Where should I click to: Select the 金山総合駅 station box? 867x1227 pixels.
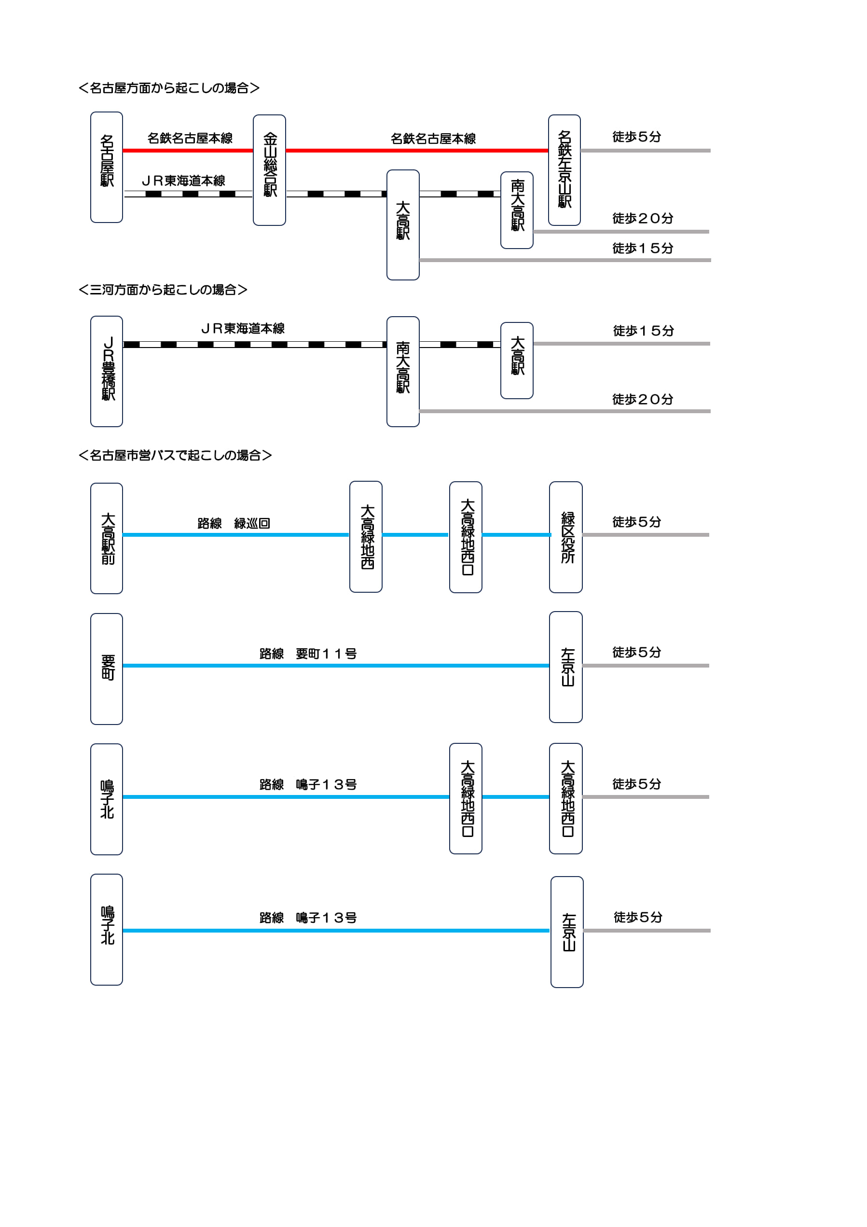coord(269,170)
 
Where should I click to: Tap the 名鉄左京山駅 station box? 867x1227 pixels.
coord(564,170)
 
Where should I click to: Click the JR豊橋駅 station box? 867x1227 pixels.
coord(106,371)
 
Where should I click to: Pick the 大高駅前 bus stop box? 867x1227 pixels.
coord(106,538)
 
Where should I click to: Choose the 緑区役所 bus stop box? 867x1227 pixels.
coord(566,537)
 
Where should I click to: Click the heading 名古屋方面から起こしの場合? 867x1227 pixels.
coord(169,88)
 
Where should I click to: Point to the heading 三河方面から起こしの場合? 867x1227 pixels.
coord(163,290)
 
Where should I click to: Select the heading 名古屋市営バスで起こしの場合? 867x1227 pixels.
coord(175,455)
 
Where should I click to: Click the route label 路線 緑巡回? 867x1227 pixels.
coord(234,523)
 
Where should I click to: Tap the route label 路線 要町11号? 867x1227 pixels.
coord(308,654)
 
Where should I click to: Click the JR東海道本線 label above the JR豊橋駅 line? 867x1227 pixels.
coord(243,328)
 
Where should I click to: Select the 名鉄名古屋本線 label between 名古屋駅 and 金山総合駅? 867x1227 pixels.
coord(190,139)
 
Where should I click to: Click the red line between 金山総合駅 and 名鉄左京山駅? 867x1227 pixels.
coord(417,151)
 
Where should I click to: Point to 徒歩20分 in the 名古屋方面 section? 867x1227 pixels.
coord(643,218)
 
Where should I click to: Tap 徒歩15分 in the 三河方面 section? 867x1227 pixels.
coord(643,331)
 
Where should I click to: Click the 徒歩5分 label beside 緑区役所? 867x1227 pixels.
coord(637,522)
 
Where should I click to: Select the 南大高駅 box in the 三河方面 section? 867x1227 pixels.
coord(403,371)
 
